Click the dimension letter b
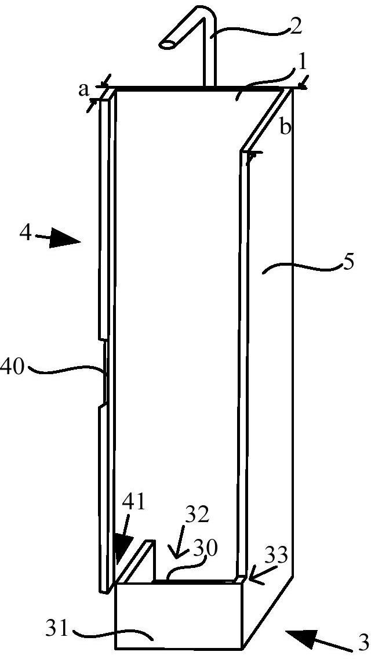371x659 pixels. click(285, 127)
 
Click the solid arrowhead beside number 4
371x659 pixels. click(65, 241)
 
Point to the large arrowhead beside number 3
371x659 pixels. click(301, 631)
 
